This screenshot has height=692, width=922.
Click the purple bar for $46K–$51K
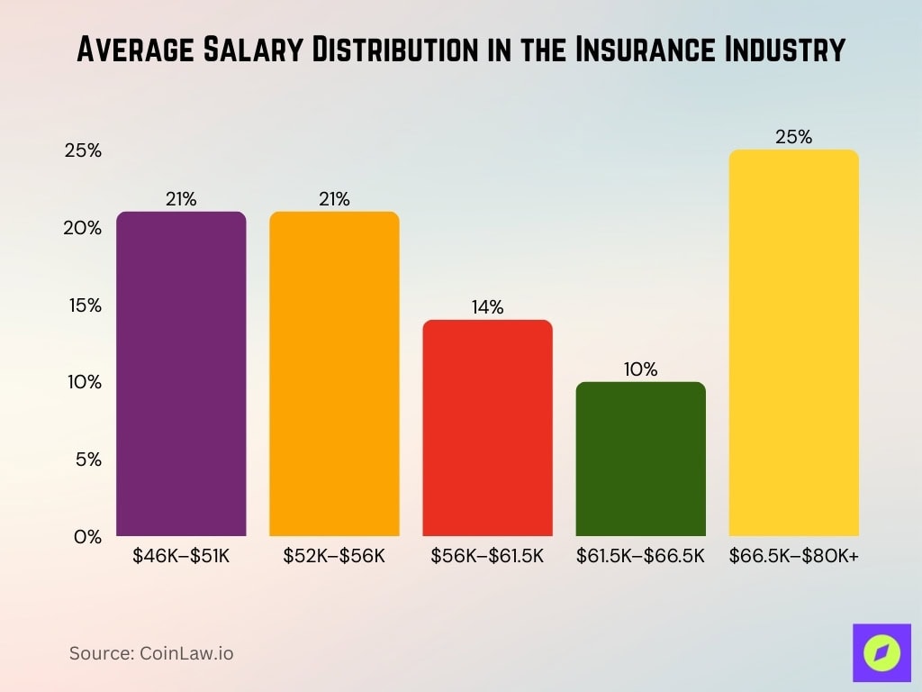[x=181, y=374]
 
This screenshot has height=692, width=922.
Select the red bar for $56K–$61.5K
[x=487, y=428]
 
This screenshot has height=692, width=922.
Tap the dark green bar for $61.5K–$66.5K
[x=640, y=460]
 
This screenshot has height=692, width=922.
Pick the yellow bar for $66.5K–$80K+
[x=793, y=342]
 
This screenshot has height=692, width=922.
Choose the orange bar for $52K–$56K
[x=334, y=374]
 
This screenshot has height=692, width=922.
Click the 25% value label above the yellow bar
[x=793, y=138]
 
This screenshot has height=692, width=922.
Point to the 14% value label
[x=487, y=307]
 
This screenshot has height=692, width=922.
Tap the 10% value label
[x=640, y=369]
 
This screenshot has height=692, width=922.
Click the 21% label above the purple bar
[x=181, y=199]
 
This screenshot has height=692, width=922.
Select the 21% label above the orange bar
[x=334, y=199]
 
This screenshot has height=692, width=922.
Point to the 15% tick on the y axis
[x=83, y=305]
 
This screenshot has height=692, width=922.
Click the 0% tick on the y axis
[x=87, y=537]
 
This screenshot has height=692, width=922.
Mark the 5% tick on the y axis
[x=87, y=460]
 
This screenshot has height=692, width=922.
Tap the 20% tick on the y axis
[x=83, y=228]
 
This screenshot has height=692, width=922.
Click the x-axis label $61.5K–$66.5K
[x=640, y=556]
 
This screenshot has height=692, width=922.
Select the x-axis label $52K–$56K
[x=334, y=556]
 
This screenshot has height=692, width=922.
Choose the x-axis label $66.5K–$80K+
[x=793, y=556]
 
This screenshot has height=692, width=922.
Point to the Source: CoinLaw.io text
[x=151, y=653]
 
